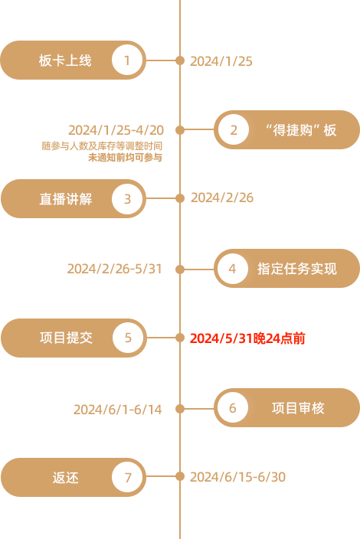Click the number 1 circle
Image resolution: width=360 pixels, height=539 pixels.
click(x=126, y=60)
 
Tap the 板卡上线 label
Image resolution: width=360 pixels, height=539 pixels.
click(x=65, y=60)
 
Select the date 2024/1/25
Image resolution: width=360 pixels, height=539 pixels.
click(x=221, y=61)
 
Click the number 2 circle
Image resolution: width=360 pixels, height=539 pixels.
click(x=234, y=129)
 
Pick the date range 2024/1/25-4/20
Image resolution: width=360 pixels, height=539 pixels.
click(x=116, y=130)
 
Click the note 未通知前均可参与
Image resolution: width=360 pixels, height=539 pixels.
click(x=125, y=158)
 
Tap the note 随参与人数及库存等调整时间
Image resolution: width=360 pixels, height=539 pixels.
click(x=102, y=145)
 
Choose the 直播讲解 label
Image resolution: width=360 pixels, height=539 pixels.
click(x=66, y=199)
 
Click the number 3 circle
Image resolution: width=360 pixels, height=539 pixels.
click(x=127, y=199)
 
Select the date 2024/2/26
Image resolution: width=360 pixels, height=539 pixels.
click(x=222, y=198)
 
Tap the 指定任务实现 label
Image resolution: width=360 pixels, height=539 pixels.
click(x=297, y=269)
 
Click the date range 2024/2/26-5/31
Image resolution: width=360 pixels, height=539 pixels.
click(x=114, y=269)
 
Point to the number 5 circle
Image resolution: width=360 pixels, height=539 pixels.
click(x=128, y=338)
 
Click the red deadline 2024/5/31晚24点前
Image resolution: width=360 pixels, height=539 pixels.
click(x=247, y=338)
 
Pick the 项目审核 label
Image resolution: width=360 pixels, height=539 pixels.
click(x=298, y=408)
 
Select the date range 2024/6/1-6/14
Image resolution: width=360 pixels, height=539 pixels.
click(x=118, y=410)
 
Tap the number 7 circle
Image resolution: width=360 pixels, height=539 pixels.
click(x=127, y=477)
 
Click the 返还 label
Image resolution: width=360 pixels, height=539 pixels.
click(x=65, y=478)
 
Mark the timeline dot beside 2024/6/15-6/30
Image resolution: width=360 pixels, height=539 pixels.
click(x=180, y=476)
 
